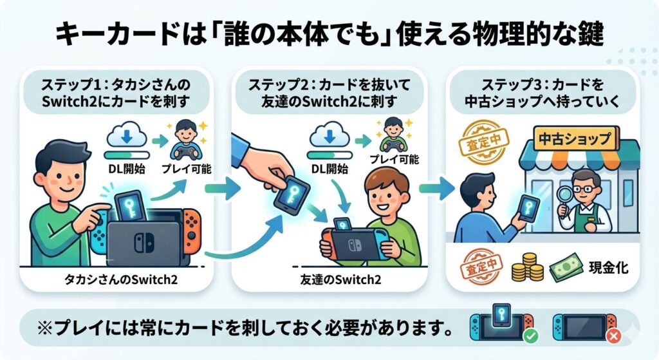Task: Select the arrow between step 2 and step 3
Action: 432,189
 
